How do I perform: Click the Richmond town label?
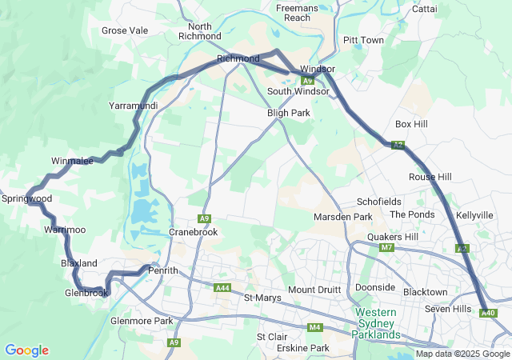(x=238, y=58)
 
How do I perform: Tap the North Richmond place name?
(x=199, y=31)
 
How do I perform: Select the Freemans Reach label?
(x=298, y=12)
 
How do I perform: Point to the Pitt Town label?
(x=362, y=40)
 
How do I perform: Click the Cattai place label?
(x=423, y=9)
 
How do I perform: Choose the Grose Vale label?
(x=125, y=30)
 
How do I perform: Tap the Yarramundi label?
(x=133, y=105)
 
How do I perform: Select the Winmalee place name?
(x=73, y=161)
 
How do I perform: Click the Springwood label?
(x=26, y=198)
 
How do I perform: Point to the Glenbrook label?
(x=86, y=293)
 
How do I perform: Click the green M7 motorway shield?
(x=387, y=247)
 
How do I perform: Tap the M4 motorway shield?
(x=314, y=326)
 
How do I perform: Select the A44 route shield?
(x=223, y=288)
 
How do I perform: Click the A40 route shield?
(x=488, y=313)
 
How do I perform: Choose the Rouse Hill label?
(x=430, y=177)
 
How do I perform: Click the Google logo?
(x=26, y=350)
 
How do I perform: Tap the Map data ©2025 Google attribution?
(x=462, y=354)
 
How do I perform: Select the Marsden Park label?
(x=343, y=217)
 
